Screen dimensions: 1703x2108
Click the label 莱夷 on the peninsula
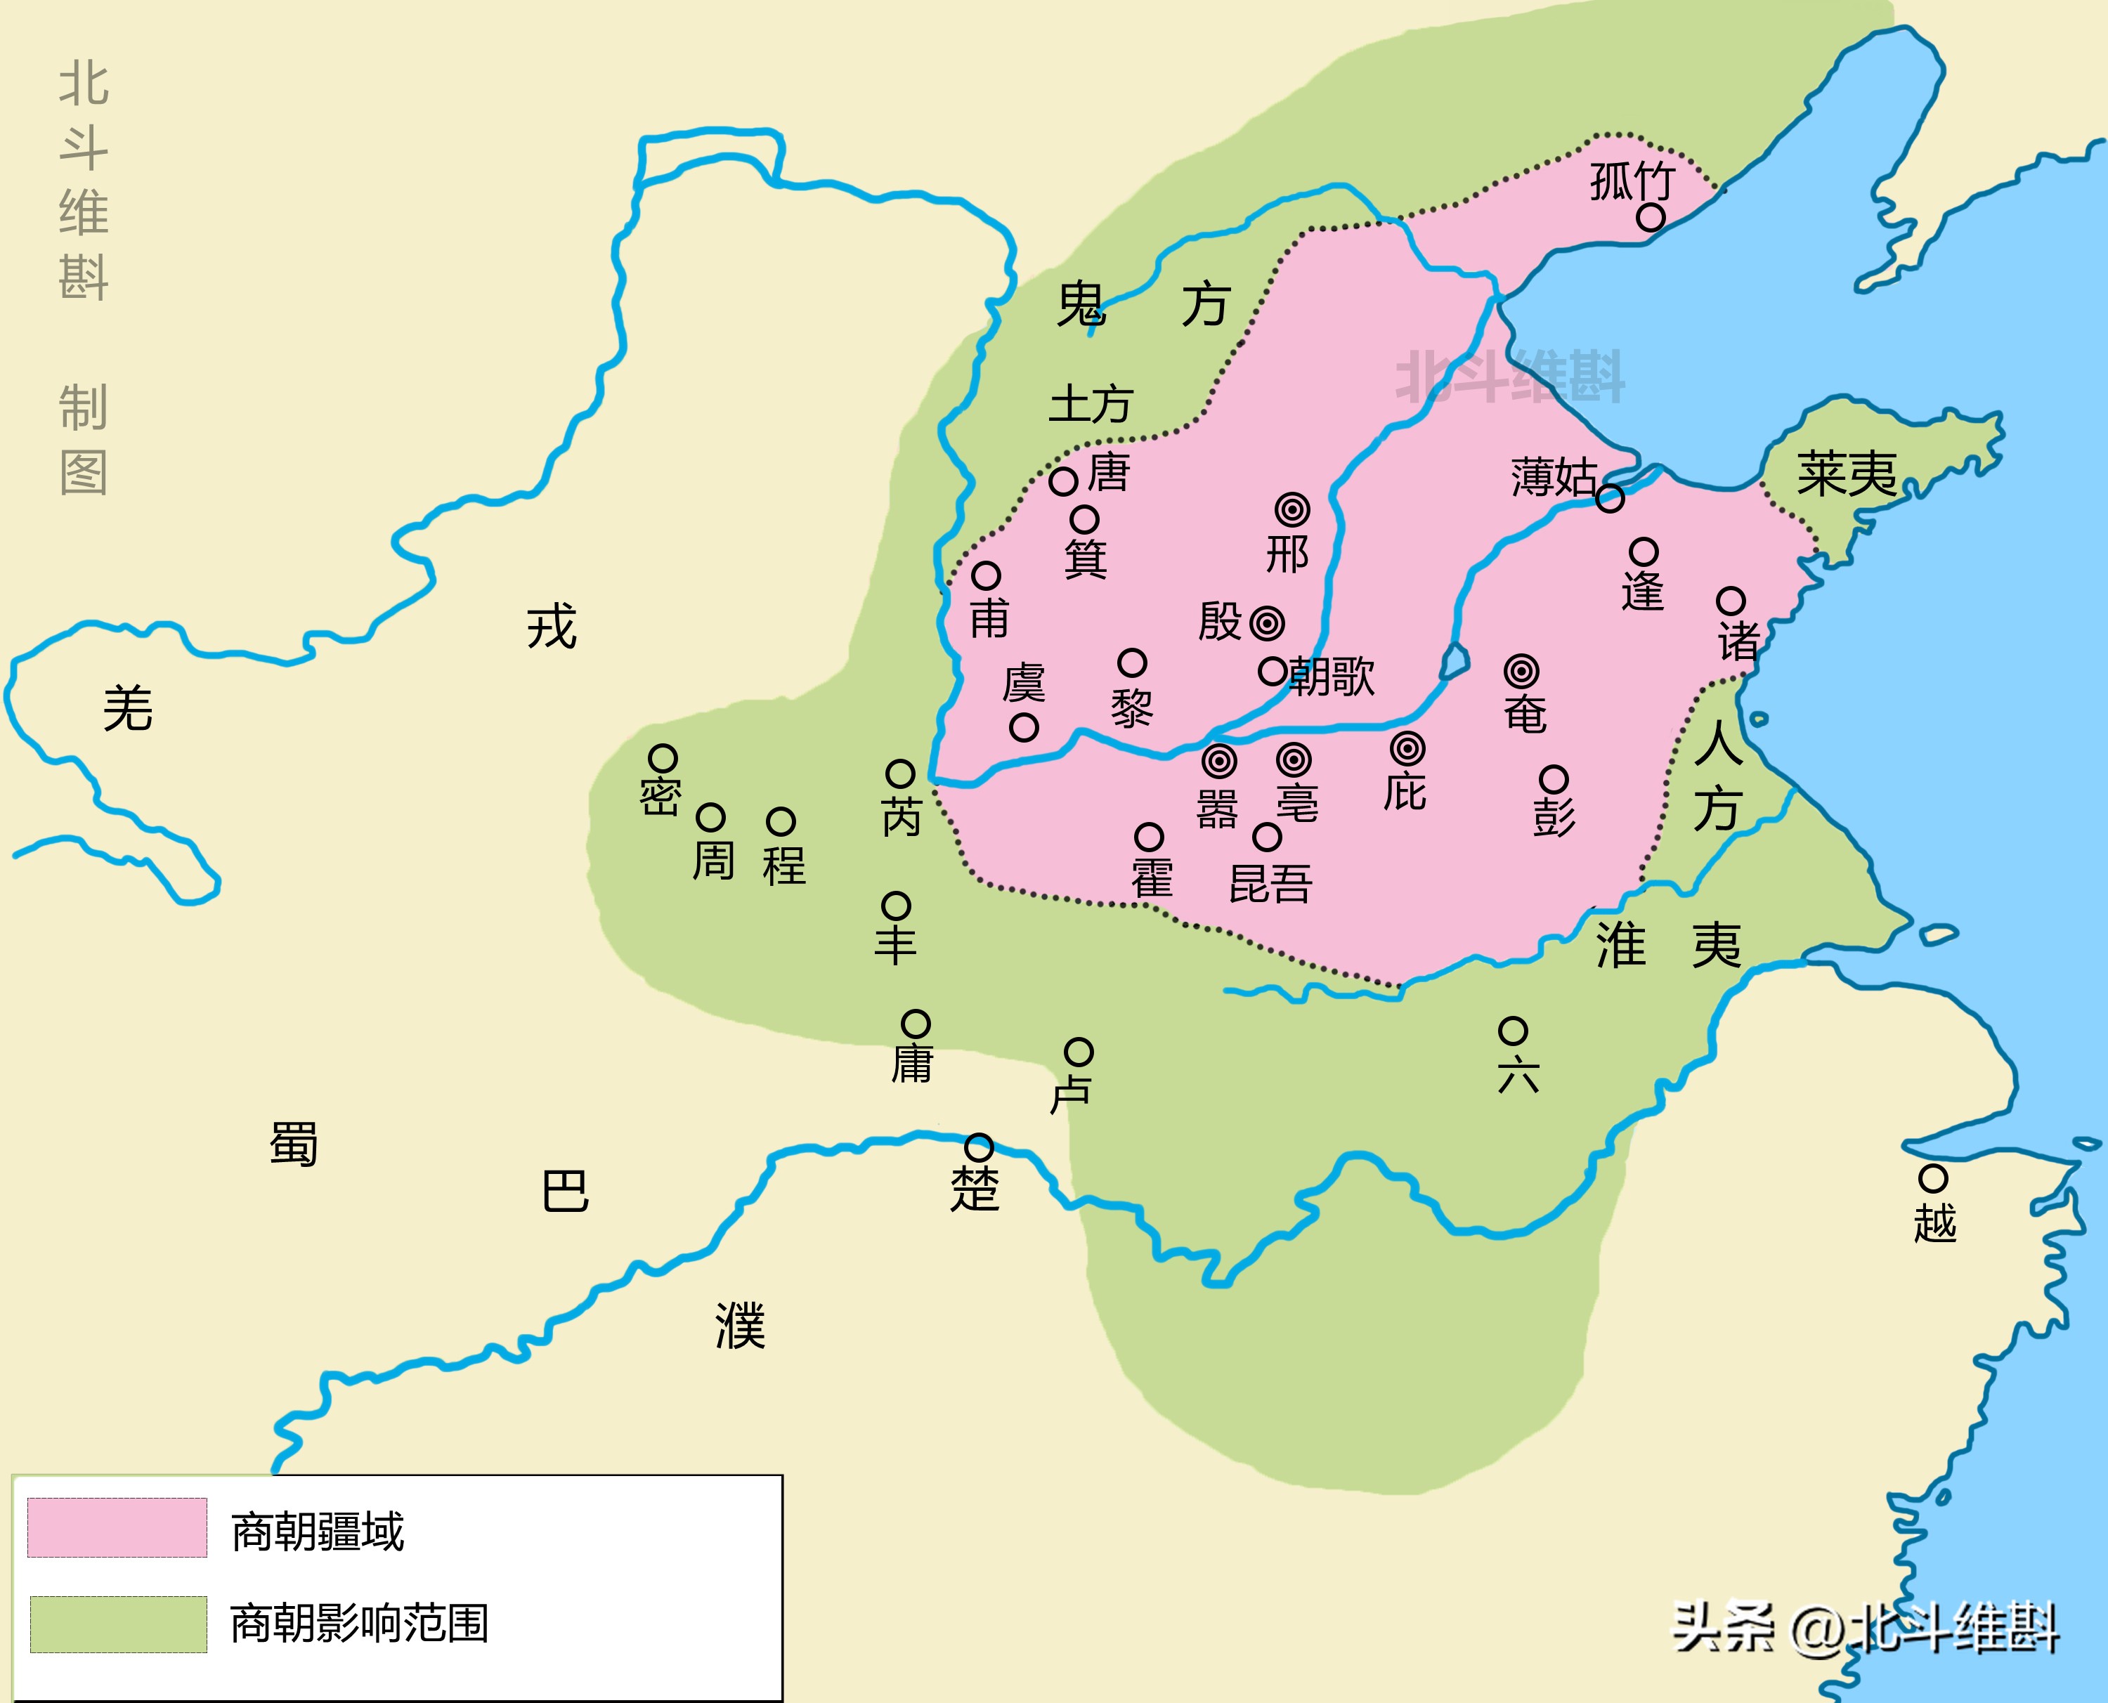point(1846,475)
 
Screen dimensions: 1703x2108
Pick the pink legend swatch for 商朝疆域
point(117,1527)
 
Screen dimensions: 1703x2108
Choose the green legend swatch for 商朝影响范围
point(118,1624)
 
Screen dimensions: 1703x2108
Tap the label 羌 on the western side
point(127,708)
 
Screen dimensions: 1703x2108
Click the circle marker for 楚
point(979,1147)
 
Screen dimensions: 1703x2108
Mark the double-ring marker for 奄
point(1521,672)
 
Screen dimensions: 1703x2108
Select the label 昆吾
point(1270,884)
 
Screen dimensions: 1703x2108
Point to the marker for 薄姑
point(1610,498)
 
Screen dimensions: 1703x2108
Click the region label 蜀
point(293,1144)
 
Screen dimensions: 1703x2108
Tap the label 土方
point(1091,404)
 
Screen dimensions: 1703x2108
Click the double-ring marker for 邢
point(1293,510)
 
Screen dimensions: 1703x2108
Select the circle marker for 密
point(663,758)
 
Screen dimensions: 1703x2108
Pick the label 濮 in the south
point(741,1326)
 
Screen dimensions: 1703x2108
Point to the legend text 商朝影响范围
point(359,1624)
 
